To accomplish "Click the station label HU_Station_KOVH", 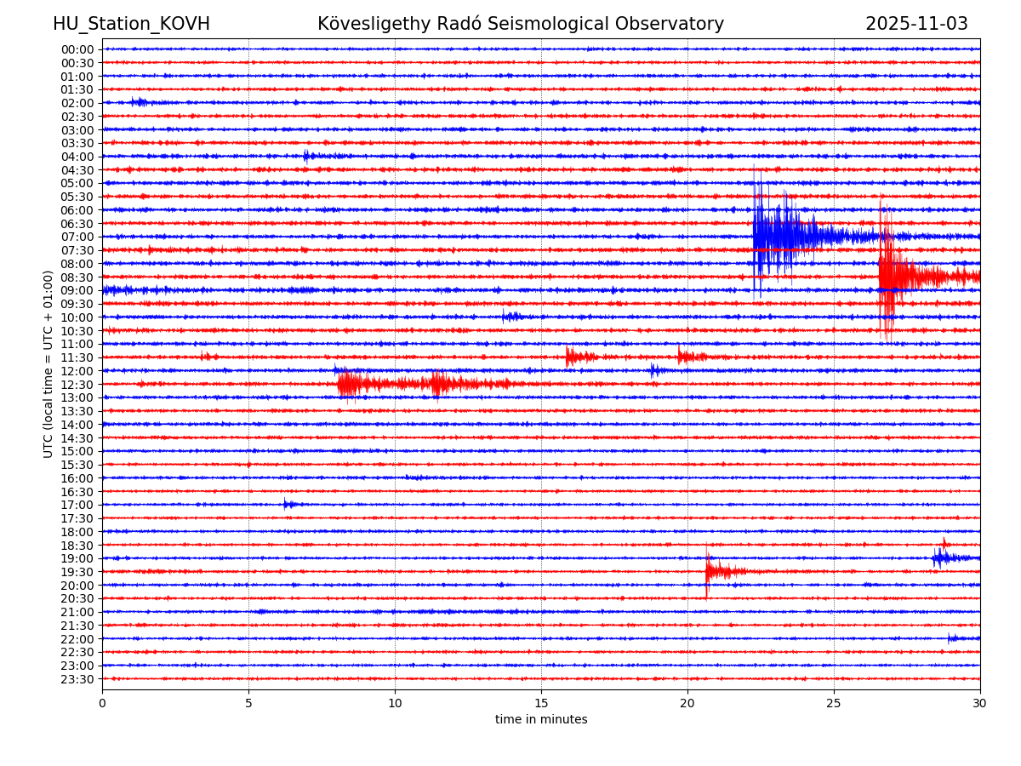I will (131, 25).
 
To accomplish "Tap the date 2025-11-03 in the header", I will (916, 25).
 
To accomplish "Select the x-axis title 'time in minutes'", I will (541, 720).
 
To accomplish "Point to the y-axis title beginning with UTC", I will (48, 363).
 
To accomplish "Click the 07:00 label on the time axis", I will (77, 237).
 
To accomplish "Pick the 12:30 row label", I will (77, 384).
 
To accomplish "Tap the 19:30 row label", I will (77, 572).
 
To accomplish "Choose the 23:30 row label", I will (77, 679).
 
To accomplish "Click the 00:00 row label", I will (77, 49).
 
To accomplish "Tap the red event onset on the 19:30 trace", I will (708, 571).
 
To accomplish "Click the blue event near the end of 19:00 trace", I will (939, 558).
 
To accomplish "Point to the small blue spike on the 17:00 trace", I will (286, 505).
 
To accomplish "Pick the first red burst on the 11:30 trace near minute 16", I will (570, 357).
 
